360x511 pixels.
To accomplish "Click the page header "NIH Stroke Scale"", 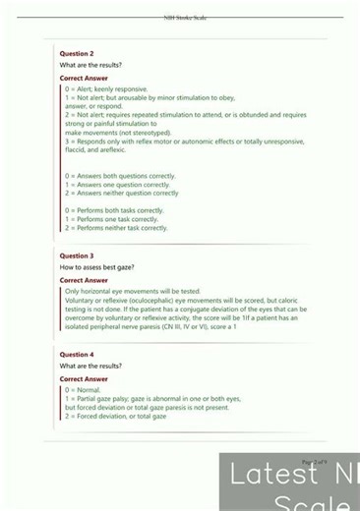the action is tap(185, 17).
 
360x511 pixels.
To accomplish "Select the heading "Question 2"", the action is tap(77, 53).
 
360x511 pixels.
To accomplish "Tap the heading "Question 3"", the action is tap(77, 255).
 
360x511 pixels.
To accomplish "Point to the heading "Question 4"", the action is tap(77, 354).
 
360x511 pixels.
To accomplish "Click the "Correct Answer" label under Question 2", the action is tap(84, 78).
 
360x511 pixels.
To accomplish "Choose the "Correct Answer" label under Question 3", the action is tap(84, 280).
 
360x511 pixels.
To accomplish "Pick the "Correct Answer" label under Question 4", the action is tap(84, 378).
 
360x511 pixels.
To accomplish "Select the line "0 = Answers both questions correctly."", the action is tap(120, 176).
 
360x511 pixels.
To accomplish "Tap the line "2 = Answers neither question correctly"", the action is tap(121, 194).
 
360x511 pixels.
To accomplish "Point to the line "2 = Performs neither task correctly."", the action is tap(116, 228).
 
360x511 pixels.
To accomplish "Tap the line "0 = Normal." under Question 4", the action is tap(84, 390).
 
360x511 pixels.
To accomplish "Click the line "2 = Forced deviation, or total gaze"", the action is tap(115, 417).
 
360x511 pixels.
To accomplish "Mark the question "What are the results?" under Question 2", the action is tap(90, 65).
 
